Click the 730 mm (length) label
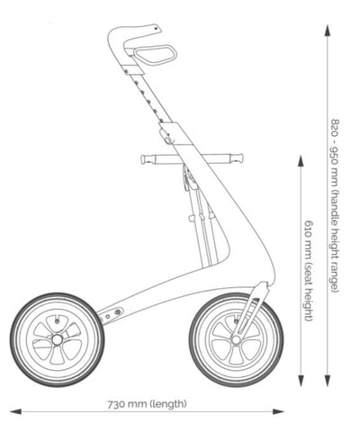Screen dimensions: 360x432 point(147,404)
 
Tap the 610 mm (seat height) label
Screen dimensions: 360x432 point(309,271)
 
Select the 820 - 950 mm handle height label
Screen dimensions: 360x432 point(335,205)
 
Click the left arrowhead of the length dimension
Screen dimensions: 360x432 point(15,411)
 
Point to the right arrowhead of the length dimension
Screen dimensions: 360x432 point(278,411)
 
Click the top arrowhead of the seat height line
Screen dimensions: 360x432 point(301,161)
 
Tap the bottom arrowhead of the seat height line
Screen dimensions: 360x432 point(301,381)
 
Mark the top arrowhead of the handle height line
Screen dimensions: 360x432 point(328,31)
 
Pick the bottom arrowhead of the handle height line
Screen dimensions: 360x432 point(328,381)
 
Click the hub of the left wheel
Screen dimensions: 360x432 point(57,339)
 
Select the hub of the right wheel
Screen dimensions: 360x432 point(236,339)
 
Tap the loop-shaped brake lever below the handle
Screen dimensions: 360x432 point(156,54)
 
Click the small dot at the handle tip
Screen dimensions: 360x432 point(156,29)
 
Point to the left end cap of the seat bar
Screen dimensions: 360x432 point(146,159)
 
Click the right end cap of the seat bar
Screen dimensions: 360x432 point(238,157)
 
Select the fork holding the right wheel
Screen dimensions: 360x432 point(249,308)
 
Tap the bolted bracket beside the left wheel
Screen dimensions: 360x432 point(111,315)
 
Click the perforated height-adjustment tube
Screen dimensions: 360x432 point(147,96)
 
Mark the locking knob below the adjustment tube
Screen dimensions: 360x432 point(166,136)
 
